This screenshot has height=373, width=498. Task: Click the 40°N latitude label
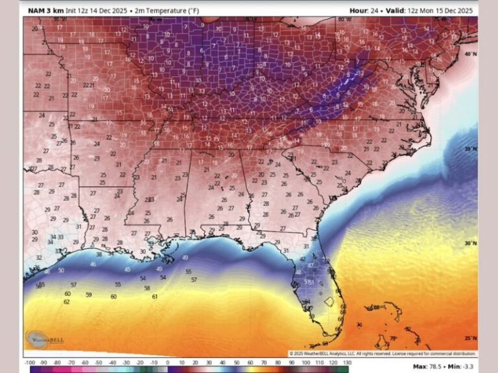(x=470, y=54)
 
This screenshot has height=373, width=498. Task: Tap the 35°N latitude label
(x=470, y=149)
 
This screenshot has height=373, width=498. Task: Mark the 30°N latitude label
(x=470, y=243)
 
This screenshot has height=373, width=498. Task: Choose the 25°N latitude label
(x=470, y=338)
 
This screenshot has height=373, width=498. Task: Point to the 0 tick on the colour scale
(x=168, y=363)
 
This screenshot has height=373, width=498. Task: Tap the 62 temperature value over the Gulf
(x=67, y=302)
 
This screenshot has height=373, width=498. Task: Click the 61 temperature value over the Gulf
(x=154, y=296)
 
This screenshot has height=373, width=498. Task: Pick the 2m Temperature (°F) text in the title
(x=160, y=10)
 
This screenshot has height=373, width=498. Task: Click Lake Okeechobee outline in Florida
(x=329, y=301)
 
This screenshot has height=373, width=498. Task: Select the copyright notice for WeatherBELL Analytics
(x=382, y=354)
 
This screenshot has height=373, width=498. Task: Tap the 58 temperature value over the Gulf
(x=147, y=288)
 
